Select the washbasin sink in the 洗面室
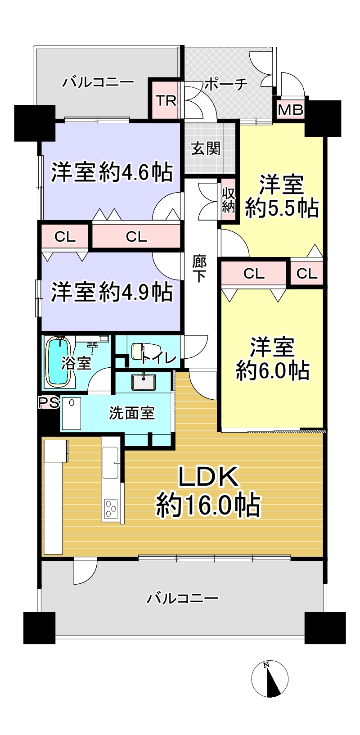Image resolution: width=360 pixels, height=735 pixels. [x=144, y=382]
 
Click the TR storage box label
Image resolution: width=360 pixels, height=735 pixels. [x=166, y=101]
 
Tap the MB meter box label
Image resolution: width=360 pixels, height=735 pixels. [x=290, y=110]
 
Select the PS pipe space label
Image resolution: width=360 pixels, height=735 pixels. [x=49, y=402]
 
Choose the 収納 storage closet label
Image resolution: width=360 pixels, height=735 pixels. [x=228, y=200]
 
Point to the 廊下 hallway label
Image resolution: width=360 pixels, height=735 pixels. [x=199, y=269]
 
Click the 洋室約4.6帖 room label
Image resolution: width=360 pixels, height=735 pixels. [x=112, y=171]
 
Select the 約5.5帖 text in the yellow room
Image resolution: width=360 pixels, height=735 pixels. [x=282, y=207]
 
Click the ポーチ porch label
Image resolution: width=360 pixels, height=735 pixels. [x=226, y=85]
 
